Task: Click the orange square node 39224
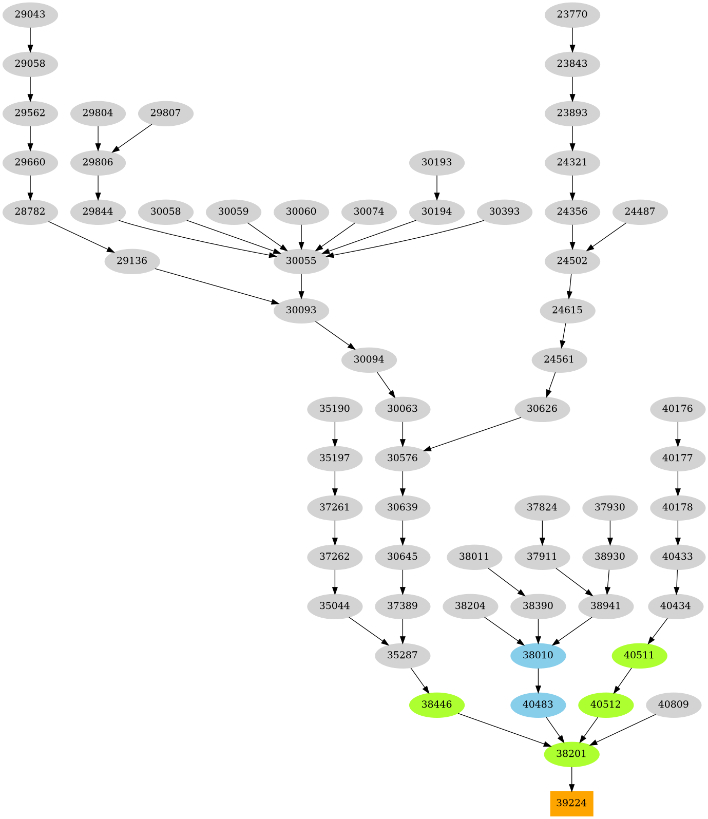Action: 571,803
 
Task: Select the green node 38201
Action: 571,754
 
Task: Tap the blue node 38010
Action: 538,655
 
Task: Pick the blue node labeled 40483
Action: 538,704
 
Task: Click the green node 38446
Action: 436,704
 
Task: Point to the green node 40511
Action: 639,655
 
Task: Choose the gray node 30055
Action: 301,261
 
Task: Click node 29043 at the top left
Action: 30,14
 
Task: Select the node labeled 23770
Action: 572,14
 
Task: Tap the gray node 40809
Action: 673,704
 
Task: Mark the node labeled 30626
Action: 542,409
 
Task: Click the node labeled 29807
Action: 165,113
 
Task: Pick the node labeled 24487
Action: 640,212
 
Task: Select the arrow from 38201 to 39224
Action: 571,778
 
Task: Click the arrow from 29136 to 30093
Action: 216,285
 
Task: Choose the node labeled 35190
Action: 335,409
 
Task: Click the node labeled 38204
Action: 470,606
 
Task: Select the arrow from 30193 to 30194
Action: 436,187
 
